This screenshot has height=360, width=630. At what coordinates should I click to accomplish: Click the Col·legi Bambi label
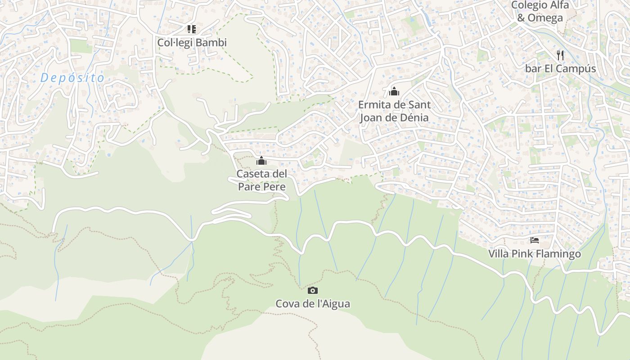192,43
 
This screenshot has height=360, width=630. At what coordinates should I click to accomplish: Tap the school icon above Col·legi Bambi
192,29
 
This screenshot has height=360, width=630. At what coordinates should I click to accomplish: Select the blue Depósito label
72,78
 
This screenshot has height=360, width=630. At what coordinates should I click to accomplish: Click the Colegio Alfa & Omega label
540,11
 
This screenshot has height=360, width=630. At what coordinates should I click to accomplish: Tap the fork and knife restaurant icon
560,55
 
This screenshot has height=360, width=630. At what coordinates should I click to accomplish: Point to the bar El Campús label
560,69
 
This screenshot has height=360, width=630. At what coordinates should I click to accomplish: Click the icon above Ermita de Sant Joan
394,91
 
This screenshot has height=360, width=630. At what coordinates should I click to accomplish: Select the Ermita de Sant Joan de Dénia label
394,111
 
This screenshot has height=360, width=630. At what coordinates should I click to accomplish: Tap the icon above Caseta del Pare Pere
261,160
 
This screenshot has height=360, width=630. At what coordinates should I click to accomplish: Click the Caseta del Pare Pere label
261,180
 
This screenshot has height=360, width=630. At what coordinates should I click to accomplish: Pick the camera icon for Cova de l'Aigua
313,290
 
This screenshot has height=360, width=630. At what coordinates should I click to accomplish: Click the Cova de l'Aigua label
313,304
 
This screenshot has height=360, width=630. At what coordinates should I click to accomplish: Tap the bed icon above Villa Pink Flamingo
535,240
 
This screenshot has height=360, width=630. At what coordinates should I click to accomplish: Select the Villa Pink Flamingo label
535,254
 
